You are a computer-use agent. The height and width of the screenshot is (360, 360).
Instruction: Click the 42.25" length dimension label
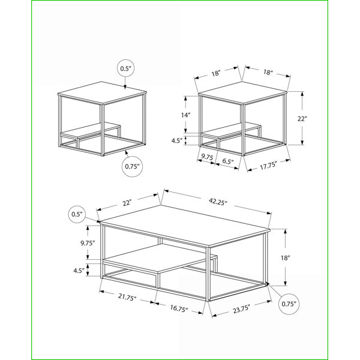(x=218, y=202)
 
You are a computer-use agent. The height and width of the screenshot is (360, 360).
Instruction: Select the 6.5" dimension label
(x=228, y=161)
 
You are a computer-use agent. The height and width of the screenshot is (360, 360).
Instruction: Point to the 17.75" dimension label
(x=268, y=165)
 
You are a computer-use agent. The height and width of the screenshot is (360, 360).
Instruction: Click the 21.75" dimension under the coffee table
(x=127, y=297)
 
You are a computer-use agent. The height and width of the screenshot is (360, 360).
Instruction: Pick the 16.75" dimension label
(x=179, y=308)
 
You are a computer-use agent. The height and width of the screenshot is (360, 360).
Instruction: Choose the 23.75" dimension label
(x=241, y=309)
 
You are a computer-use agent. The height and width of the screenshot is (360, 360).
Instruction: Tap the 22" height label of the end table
(x=302, y=119)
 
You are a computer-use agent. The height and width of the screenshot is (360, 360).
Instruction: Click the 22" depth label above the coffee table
(x=127, y=203)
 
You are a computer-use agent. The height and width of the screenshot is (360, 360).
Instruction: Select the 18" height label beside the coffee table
(x=286, y=258)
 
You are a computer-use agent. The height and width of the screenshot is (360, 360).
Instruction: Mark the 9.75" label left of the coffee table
(x=88, y=243)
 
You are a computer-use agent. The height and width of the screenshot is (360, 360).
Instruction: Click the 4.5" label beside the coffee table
(x=79, y=271)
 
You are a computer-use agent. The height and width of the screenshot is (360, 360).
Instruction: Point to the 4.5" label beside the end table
(x=177, y=141)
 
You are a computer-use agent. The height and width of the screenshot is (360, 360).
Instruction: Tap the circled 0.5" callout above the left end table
(x=125, y=68)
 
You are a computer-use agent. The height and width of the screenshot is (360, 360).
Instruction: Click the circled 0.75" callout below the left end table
(x=132, y=166)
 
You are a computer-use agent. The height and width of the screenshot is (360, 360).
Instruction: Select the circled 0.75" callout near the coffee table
(x=289, y=304)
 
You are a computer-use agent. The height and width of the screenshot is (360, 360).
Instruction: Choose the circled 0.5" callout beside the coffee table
(x=77, y=214)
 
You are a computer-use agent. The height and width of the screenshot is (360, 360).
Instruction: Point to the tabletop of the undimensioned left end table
(x=102, y=93)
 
